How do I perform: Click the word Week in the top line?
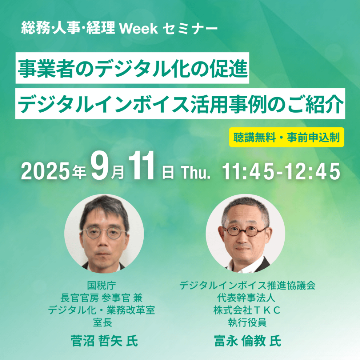pos(139,29)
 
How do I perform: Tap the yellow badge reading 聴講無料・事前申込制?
pos(287,137)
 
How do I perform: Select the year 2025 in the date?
pos(45,171)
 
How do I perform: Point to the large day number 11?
pos(141,165)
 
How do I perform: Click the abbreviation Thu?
pos(196,172)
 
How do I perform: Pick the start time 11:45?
pos(248,171)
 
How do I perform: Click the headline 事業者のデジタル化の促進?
pos(132,68)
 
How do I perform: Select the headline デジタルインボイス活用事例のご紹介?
pos(180,104)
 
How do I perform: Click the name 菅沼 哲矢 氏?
pos(104,340)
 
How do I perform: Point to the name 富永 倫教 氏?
pos(247,340)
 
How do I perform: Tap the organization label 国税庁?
pos(101,285)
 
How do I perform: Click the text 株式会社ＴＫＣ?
pos(247,310)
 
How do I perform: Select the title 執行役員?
pos(247,322)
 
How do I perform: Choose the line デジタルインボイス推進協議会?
pos(247,285)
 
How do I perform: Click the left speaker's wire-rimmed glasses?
pos(104,233)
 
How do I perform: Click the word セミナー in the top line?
pos(190,29)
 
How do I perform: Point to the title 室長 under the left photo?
pos(103,322)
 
